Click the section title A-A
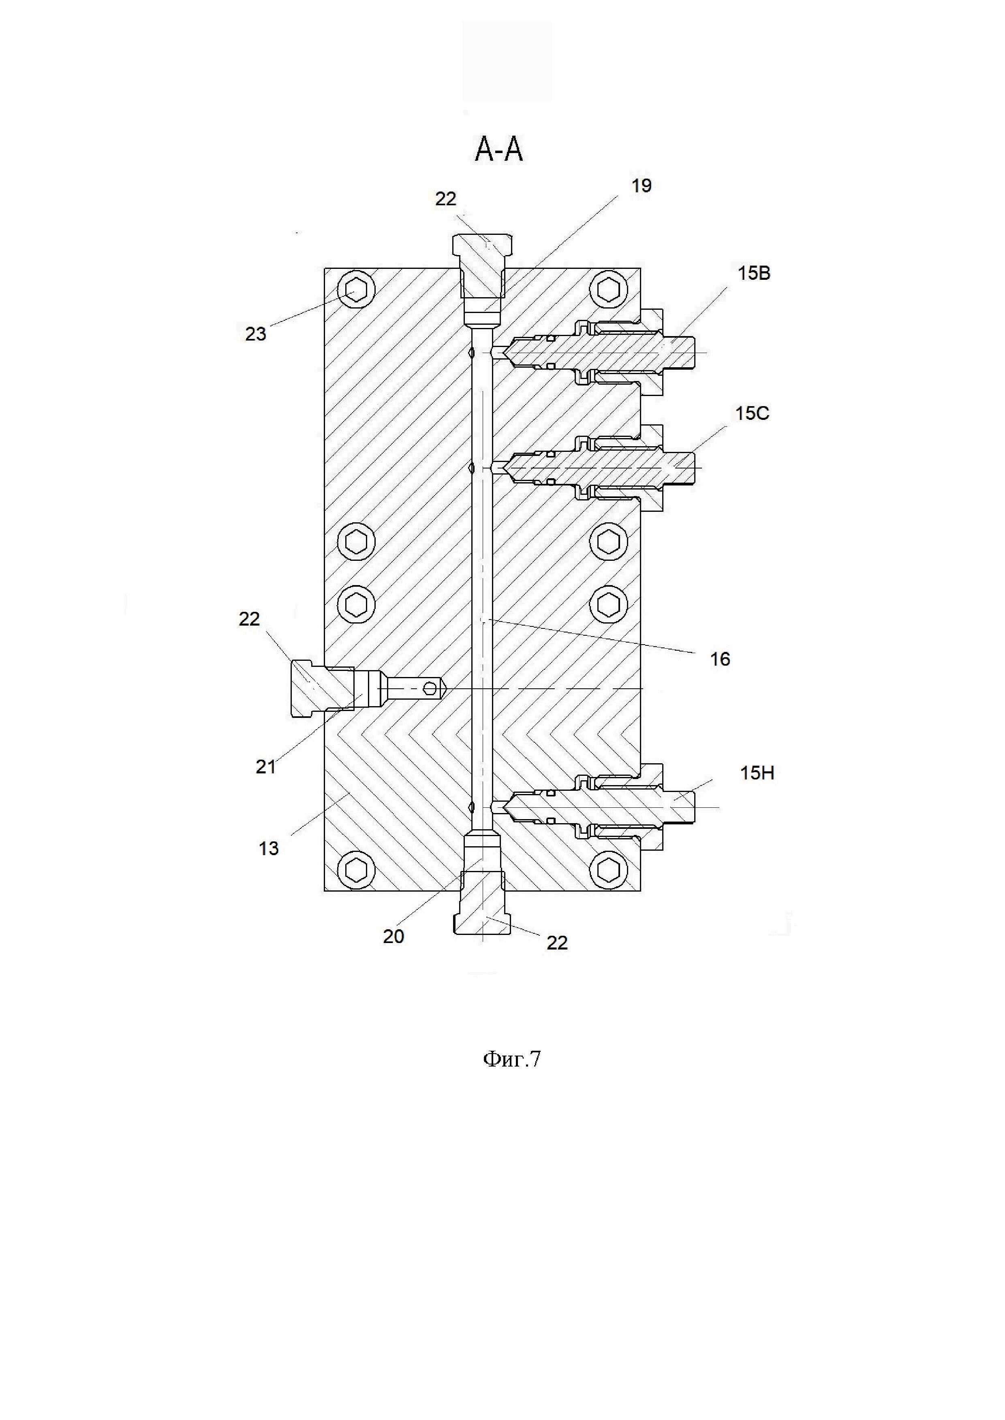click(499, 150)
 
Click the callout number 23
click(256, 334)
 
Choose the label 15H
click(757, 773)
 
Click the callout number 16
click(720, 659)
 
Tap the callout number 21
click(265, 767)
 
